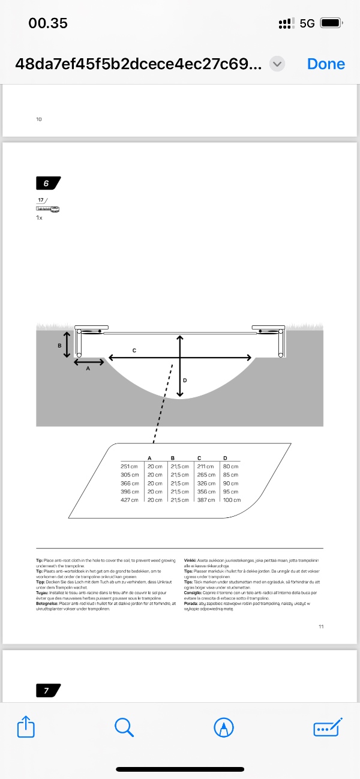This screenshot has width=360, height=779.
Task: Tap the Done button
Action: click(x=326, y=64)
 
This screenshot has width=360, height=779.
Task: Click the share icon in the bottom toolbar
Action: click(x=26, y=727)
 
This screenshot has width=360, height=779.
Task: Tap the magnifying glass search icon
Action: click(x=124, y=727)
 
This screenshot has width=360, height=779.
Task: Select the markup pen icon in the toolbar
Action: click(x=223, y=727)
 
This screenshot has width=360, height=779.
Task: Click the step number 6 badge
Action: click(x=47, y=183)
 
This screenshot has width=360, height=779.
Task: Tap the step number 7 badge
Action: click(x=47, y=691)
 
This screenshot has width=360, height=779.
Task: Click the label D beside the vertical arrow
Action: click(x=184, y=380)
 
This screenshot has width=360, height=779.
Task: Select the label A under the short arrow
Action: click(x=88, y=368)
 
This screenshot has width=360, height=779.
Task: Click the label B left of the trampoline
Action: click(x=59, y=346)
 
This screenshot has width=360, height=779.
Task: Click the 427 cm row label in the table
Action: click(x=130, y=499)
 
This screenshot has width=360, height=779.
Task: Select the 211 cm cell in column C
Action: click(x=205, y=466)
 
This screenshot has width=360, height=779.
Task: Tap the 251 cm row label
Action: click(x=130, y=466)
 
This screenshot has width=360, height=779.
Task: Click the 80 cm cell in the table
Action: click(x=230, y=466)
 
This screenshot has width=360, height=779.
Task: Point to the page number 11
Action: click(x=321, y=627)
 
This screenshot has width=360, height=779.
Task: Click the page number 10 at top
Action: click(x=39, y=119)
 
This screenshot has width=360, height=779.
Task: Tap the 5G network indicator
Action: click(x=307, y=23)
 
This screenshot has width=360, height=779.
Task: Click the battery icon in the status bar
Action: click(x=331, y=23)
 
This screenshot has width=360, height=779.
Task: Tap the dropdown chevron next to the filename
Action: click(x=277, y=64)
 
